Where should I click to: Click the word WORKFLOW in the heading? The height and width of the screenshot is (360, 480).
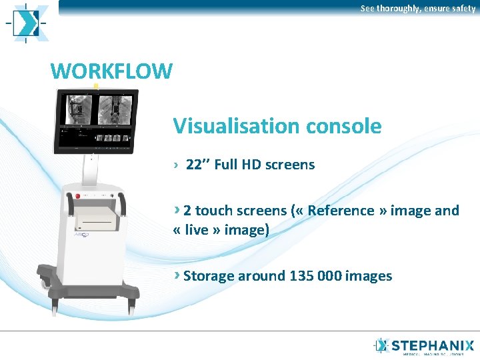[111, 71]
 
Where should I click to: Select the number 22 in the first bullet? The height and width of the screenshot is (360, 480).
[193, 165]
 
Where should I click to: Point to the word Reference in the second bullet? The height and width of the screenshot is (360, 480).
[341, 211]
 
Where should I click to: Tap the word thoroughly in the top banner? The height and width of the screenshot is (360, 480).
[398, 8]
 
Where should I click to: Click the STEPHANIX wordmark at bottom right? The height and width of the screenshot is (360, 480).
[433, 346]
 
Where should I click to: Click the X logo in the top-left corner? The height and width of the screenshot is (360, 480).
[28, 23]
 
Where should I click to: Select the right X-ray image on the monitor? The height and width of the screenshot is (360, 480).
[115, 108]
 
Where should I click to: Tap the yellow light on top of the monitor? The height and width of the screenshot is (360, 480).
[97, 86]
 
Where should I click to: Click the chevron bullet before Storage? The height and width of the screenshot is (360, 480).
[177, 275]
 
